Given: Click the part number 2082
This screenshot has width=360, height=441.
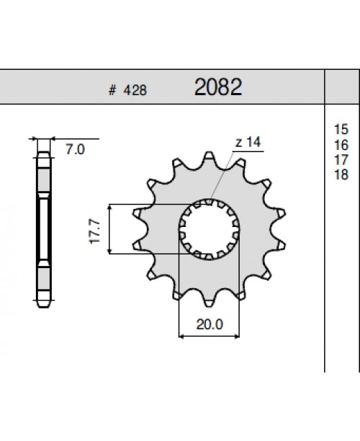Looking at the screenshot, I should tap(217, 88).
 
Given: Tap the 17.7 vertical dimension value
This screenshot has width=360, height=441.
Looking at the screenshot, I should tap(94, 229).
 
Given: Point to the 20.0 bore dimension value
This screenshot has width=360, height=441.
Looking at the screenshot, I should tap(209, 325).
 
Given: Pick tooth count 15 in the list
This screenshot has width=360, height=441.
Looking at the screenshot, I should tap(341, 129).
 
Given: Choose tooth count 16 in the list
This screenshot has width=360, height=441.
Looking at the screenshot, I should tap(341, 144).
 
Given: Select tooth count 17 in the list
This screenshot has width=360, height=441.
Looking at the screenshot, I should tap(341, 159).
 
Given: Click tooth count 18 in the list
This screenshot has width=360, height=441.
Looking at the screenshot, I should tap(341, 174).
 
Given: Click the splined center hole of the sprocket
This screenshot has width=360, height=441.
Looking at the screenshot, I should tap(209, 229).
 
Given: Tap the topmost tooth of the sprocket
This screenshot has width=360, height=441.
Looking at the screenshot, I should tap(210, 157).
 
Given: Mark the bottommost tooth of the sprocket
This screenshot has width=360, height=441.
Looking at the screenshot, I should tap(210, 301).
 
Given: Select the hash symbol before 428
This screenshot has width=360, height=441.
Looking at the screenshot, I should tap(112, 91).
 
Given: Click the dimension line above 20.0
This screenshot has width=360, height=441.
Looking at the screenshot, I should tap(209, 335).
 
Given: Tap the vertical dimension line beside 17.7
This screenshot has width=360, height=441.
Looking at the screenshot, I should tap(109, 229).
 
